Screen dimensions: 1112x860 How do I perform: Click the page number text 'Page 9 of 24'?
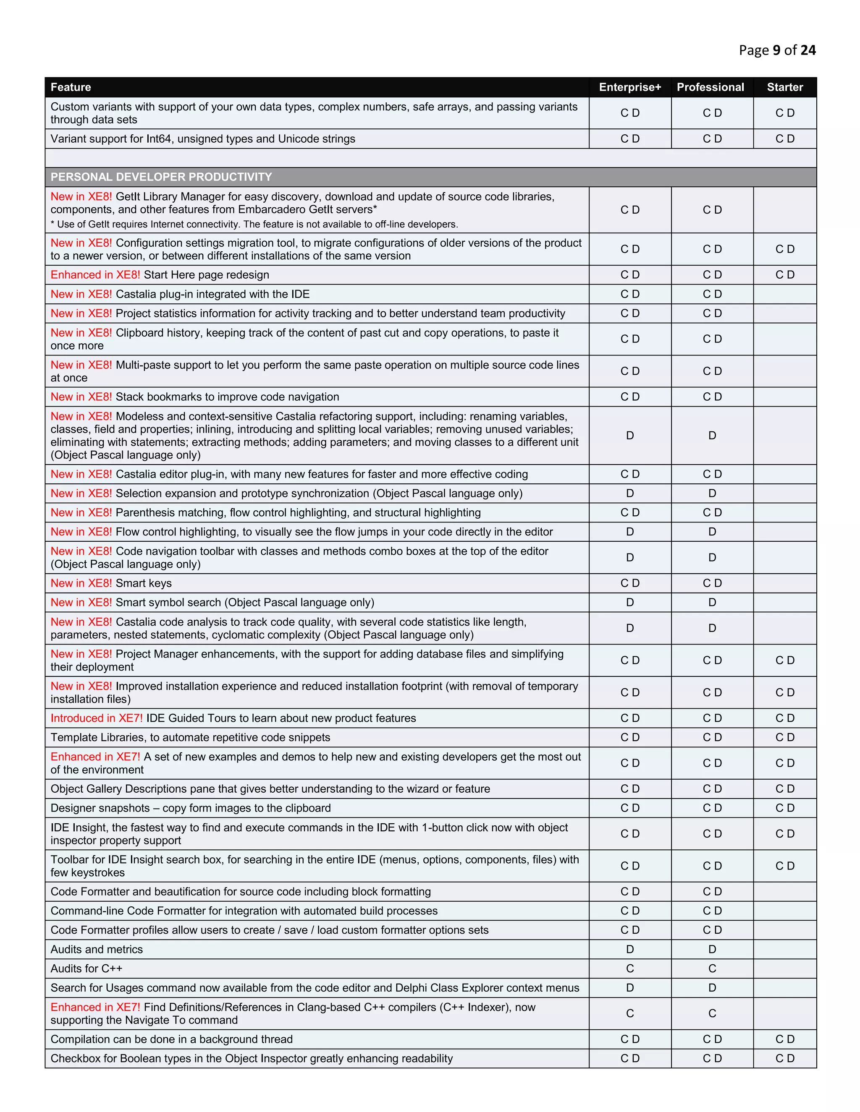coord(777,50)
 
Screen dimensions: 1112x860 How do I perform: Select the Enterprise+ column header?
coord(630,87)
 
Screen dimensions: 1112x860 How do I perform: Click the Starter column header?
coord(784,87)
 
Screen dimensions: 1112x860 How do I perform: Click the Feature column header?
coord(71,87)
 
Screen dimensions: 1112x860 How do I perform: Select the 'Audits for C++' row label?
coord(86,968)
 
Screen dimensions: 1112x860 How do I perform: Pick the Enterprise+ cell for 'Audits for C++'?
coord(630,968)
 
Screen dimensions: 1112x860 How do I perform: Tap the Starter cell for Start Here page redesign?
coord(784,275)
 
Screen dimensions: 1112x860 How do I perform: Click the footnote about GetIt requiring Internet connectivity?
coord(254,224)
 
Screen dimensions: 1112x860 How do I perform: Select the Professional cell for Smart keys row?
coord(712,583)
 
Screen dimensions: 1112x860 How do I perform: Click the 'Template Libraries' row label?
coord(190,737)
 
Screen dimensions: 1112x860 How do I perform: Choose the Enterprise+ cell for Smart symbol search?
coord(630,602)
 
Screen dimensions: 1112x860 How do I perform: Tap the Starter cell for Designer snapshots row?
coord(784,808)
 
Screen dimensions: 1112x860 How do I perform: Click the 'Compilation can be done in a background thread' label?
coord(171,1039)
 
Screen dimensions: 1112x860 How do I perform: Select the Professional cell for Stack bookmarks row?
coord(712,397)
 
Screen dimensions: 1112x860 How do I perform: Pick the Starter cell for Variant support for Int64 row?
coord(784,138)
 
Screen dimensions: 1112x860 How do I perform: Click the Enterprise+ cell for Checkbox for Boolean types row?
coord(630,1059)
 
